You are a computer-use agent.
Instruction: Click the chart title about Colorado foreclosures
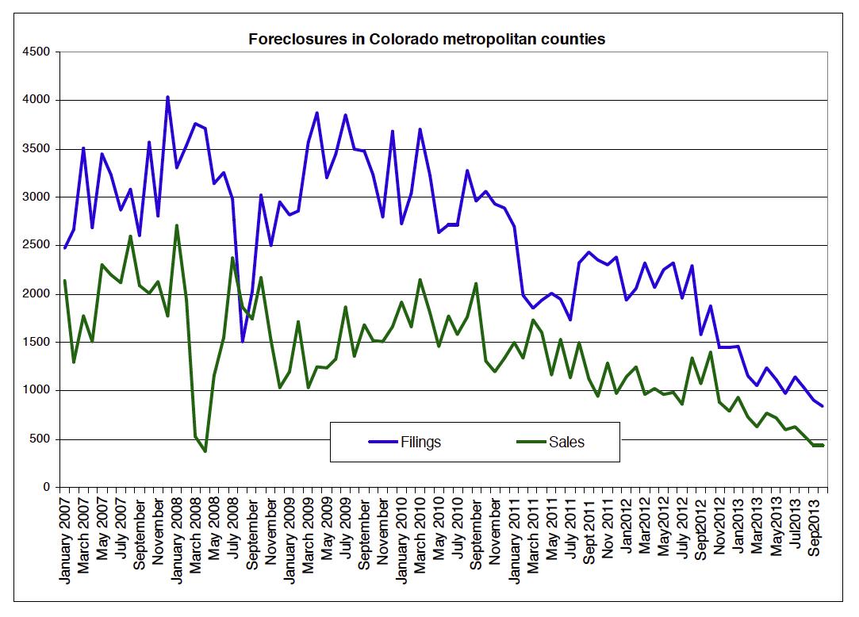(427, 39)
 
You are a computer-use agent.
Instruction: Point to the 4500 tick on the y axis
(37, 52)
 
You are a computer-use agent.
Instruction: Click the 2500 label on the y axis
(37, 246)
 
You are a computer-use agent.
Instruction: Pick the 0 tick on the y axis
(47, 487)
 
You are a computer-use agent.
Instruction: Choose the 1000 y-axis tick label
(37, 390)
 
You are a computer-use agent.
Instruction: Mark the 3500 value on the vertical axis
(37, 149)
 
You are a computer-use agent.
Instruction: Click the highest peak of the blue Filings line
(167, 97)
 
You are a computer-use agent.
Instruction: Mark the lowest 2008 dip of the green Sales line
(205, 451)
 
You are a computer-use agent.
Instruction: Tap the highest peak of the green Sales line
(176, 225)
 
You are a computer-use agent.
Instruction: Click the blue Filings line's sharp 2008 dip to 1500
(242, 341)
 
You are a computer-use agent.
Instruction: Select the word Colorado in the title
(403, 39)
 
